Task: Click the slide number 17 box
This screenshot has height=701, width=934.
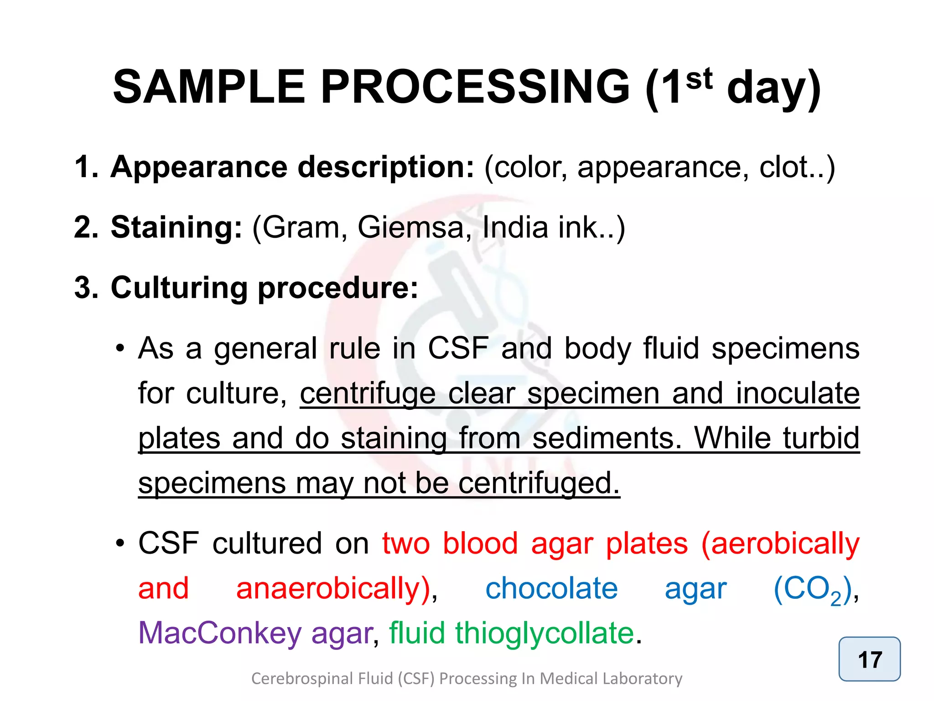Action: coord(869,659)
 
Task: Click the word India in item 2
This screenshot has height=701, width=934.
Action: coord(514,227)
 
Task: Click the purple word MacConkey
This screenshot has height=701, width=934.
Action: coord(220,633)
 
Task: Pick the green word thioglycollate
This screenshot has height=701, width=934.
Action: coord(545,633)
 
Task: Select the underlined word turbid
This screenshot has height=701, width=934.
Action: coord(821,438)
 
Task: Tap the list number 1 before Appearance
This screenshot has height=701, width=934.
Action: coord(86,167)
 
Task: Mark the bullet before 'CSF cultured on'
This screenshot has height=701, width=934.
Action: coord(120,544)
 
